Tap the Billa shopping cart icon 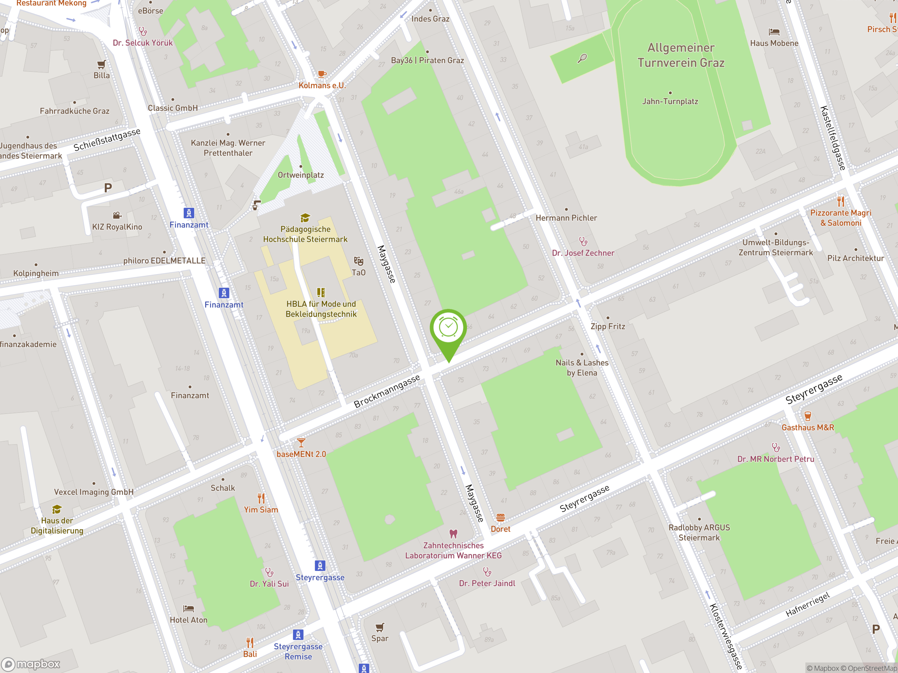coord(101,64)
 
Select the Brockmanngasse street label coord(387,392)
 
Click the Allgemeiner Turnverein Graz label coord(681,55)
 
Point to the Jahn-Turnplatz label coord(670,101)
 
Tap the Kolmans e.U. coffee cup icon coord(322,74)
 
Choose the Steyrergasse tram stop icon coord(320,565)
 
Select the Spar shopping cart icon coord(380,627)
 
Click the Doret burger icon coord(500,518)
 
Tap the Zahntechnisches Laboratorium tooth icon coord(454,534)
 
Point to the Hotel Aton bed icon coord(188,609)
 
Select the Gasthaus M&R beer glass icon coord(807,416)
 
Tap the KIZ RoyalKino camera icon coord(117,216)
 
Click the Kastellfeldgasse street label coord(833,138)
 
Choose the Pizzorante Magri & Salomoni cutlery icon coord(840,201)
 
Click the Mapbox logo coord(31,664)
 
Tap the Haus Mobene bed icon coord(774,32)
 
